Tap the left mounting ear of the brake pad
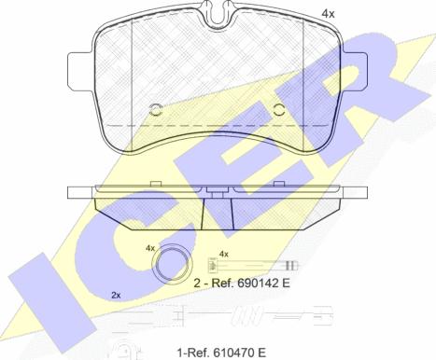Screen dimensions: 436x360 (x=80, y=72)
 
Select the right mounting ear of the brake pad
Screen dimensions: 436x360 (x=355, y=72)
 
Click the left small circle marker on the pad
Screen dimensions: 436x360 (x=156, y=110)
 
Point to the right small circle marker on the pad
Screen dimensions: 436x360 (x=279, y=110)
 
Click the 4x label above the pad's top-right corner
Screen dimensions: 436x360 (x=328, y=14)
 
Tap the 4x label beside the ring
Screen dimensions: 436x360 (x=150, y=248)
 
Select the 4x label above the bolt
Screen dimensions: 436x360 (x=224, y=254)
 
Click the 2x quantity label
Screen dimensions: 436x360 (x=116, y=296)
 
